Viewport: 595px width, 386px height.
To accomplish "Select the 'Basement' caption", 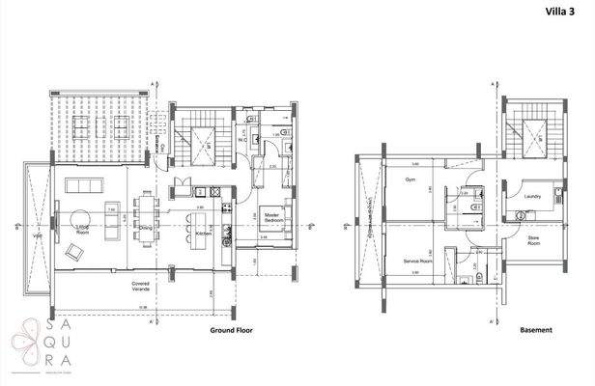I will (535, 329).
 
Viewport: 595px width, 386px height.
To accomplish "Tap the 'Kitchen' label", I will (204, 234).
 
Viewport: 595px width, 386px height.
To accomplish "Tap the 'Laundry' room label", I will (530, 197).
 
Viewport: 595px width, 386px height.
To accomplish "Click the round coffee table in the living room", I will (77, 214).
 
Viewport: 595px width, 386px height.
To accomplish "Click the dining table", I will (147, 218).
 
